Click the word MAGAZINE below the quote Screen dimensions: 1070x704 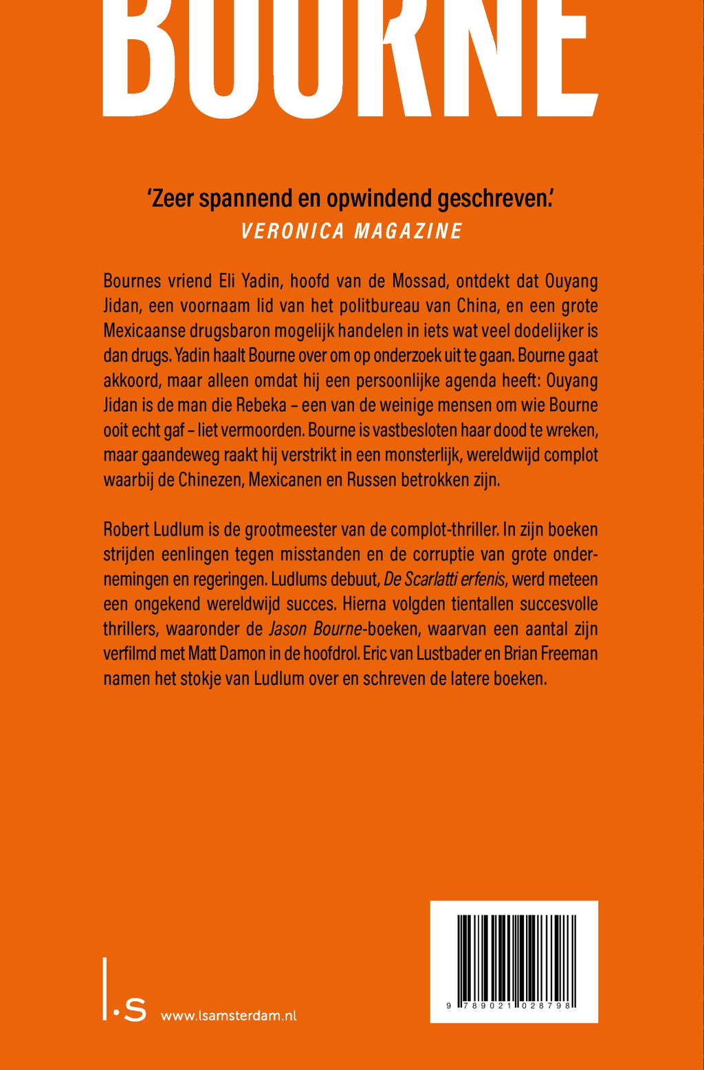pos(407,231)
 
